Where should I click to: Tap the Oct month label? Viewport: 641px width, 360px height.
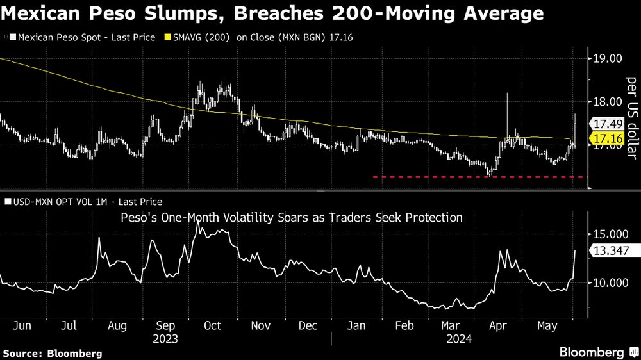[212, 325]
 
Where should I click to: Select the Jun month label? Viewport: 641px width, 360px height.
[22, 325]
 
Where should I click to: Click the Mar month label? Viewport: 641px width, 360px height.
[452, 325]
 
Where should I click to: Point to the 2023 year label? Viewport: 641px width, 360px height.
[166, 339]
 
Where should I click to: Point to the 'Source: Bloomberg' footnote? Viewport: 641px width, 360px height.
[53, 353]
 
